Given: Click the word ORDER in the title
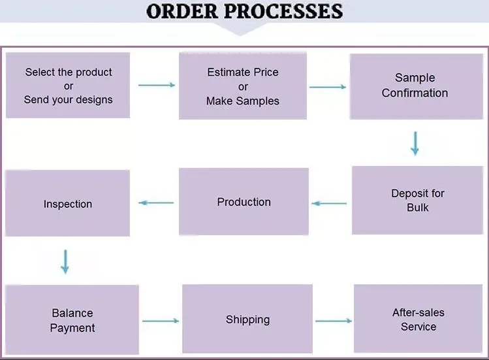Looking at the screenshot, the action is pyautogui.click(x=182, y=11).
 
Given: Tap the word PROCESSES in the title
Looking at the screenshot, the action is pyautogui.click(x=283, y=11).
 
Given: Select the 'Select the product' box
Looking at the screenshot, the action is pyautogui.click(x=68, y=85).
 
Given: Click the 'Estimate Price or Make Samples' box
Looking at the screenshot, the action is pyautogui.click(x=243, y=86).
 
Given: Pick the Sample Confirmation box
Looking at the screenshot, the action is pyautogui.click(x=417, y=86).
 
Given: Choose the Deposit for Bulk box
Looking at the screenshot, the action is pyautogui.click(x=418, y=200).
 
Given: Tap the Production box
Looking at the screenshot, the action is pyautogui.click(x=244, y=201).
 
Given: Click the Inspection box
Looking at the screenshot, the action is pyautogui.click(x=68, y=203).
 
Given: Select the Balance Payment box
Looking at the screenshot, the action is pyautogui.click(x=72, y=319).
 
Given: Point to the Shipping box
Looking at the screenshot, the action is pyautogui.click(x=247, y=318).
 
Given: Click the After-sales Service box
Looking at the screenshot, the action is pyautogui.click(x=418, y=318).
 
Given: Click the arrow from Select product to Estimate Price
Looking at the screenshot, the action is pyautogui.click(x=157, y=85).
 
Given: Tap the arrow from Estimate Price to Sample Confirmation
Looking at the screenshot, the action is pyautogui.click(x=328, y=87).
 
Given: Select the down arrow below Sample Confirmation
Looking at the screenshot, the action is pyautogui.click(x=415, y=144).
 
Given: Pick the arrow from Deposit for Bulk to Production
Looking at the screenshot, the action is pyautogui.click(x=329, y=204).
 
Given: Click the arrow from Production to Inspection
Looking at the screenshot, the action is pyautogui.click(x=156, y=203).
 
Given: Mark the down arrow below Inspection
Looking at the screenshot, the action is pyautogui.click(x=65, y=261).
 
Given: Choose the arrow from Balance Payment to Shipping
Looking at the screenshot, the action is pyautogui.click(x=161, y=321).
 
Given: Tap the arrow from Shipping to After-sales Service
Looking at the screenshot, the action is pyautogui.click(x=334, y=321).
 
